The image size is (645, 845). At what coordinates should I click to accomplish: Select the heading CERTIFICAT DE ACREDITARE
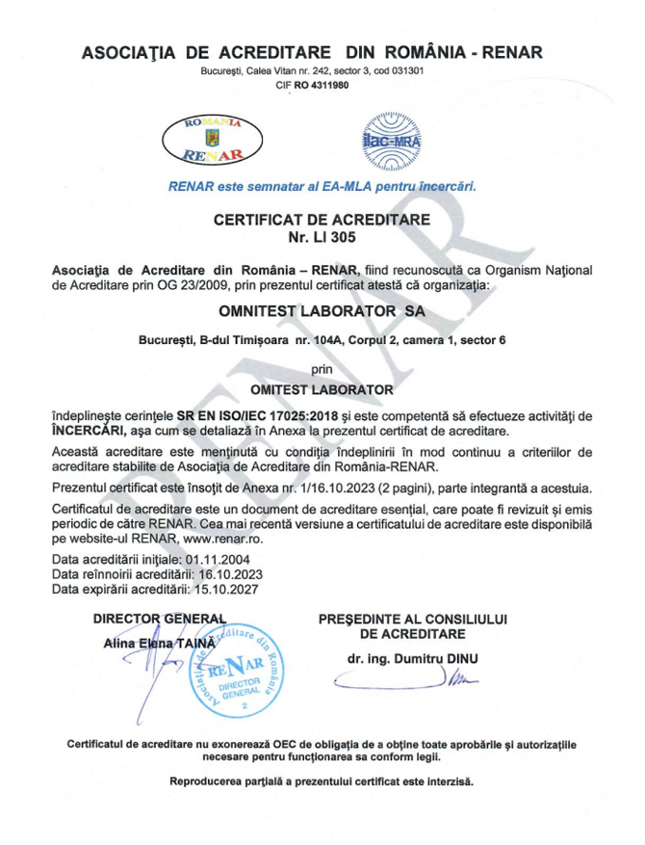(x=322, y=220)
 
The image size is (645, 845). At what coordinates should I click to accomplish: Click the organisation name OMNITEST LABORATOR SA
(x=322, y=312)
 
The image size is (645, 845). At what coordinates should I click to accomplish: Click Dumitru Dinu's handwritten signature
(x=409, y=682)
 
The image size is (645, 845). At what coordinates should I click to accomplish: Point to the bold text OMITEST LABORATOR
(x=322, y=389)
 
